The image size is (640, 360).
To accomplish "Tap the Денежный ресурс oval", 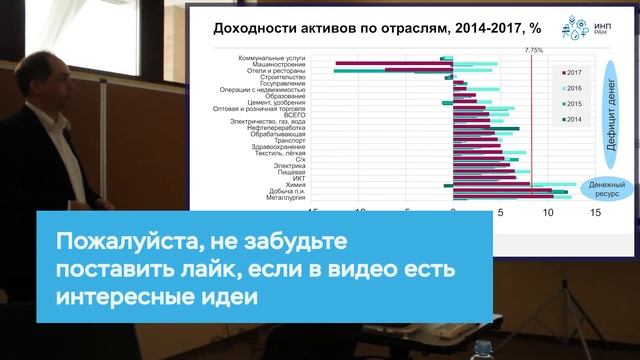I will (606, 189).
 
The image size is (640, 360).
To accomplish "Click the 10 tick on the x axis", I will (547, 213).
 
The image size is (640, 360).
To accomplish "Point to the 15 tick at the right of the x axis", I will (596, 213).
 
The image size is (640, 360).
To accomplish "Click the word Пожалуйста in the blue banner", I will (112, 243).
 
